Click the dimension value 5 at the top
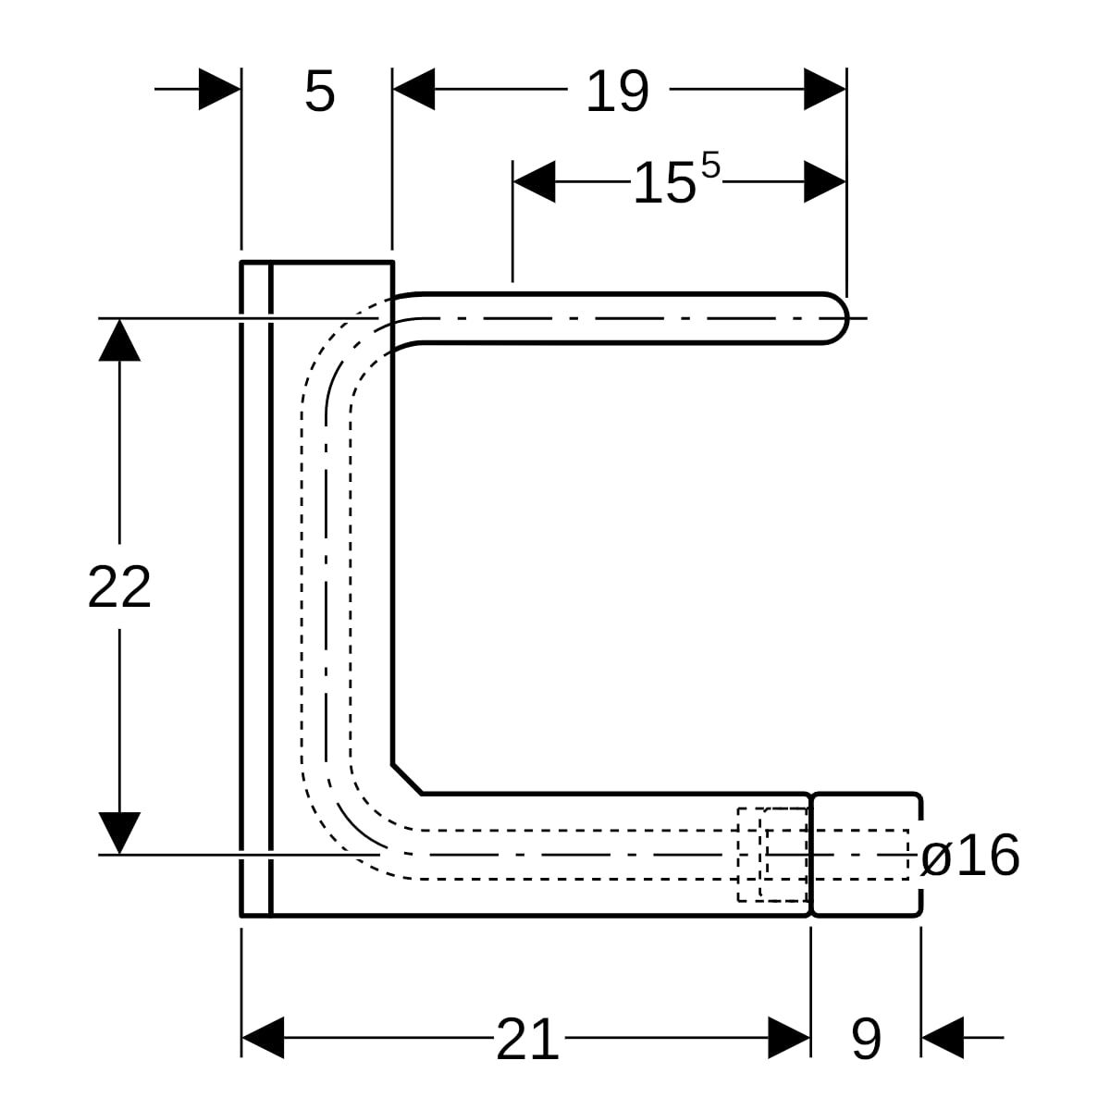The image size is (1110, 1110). click(320, 91)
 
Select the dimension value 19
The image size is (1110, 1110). click(618, 91)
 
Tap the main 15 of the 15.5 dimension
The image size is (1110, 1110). click(663, 182)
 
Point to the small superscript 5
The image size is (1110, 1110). click(710, 165)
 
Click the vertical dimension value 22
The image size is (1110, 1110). click(119, 587)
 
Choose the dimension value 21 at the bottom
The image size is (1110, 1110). click(527, 1039)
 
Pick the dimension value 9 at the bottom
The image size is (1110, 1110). click(867, 1039)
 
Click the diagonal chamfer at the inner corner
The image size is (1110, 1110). click(407, 780)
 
